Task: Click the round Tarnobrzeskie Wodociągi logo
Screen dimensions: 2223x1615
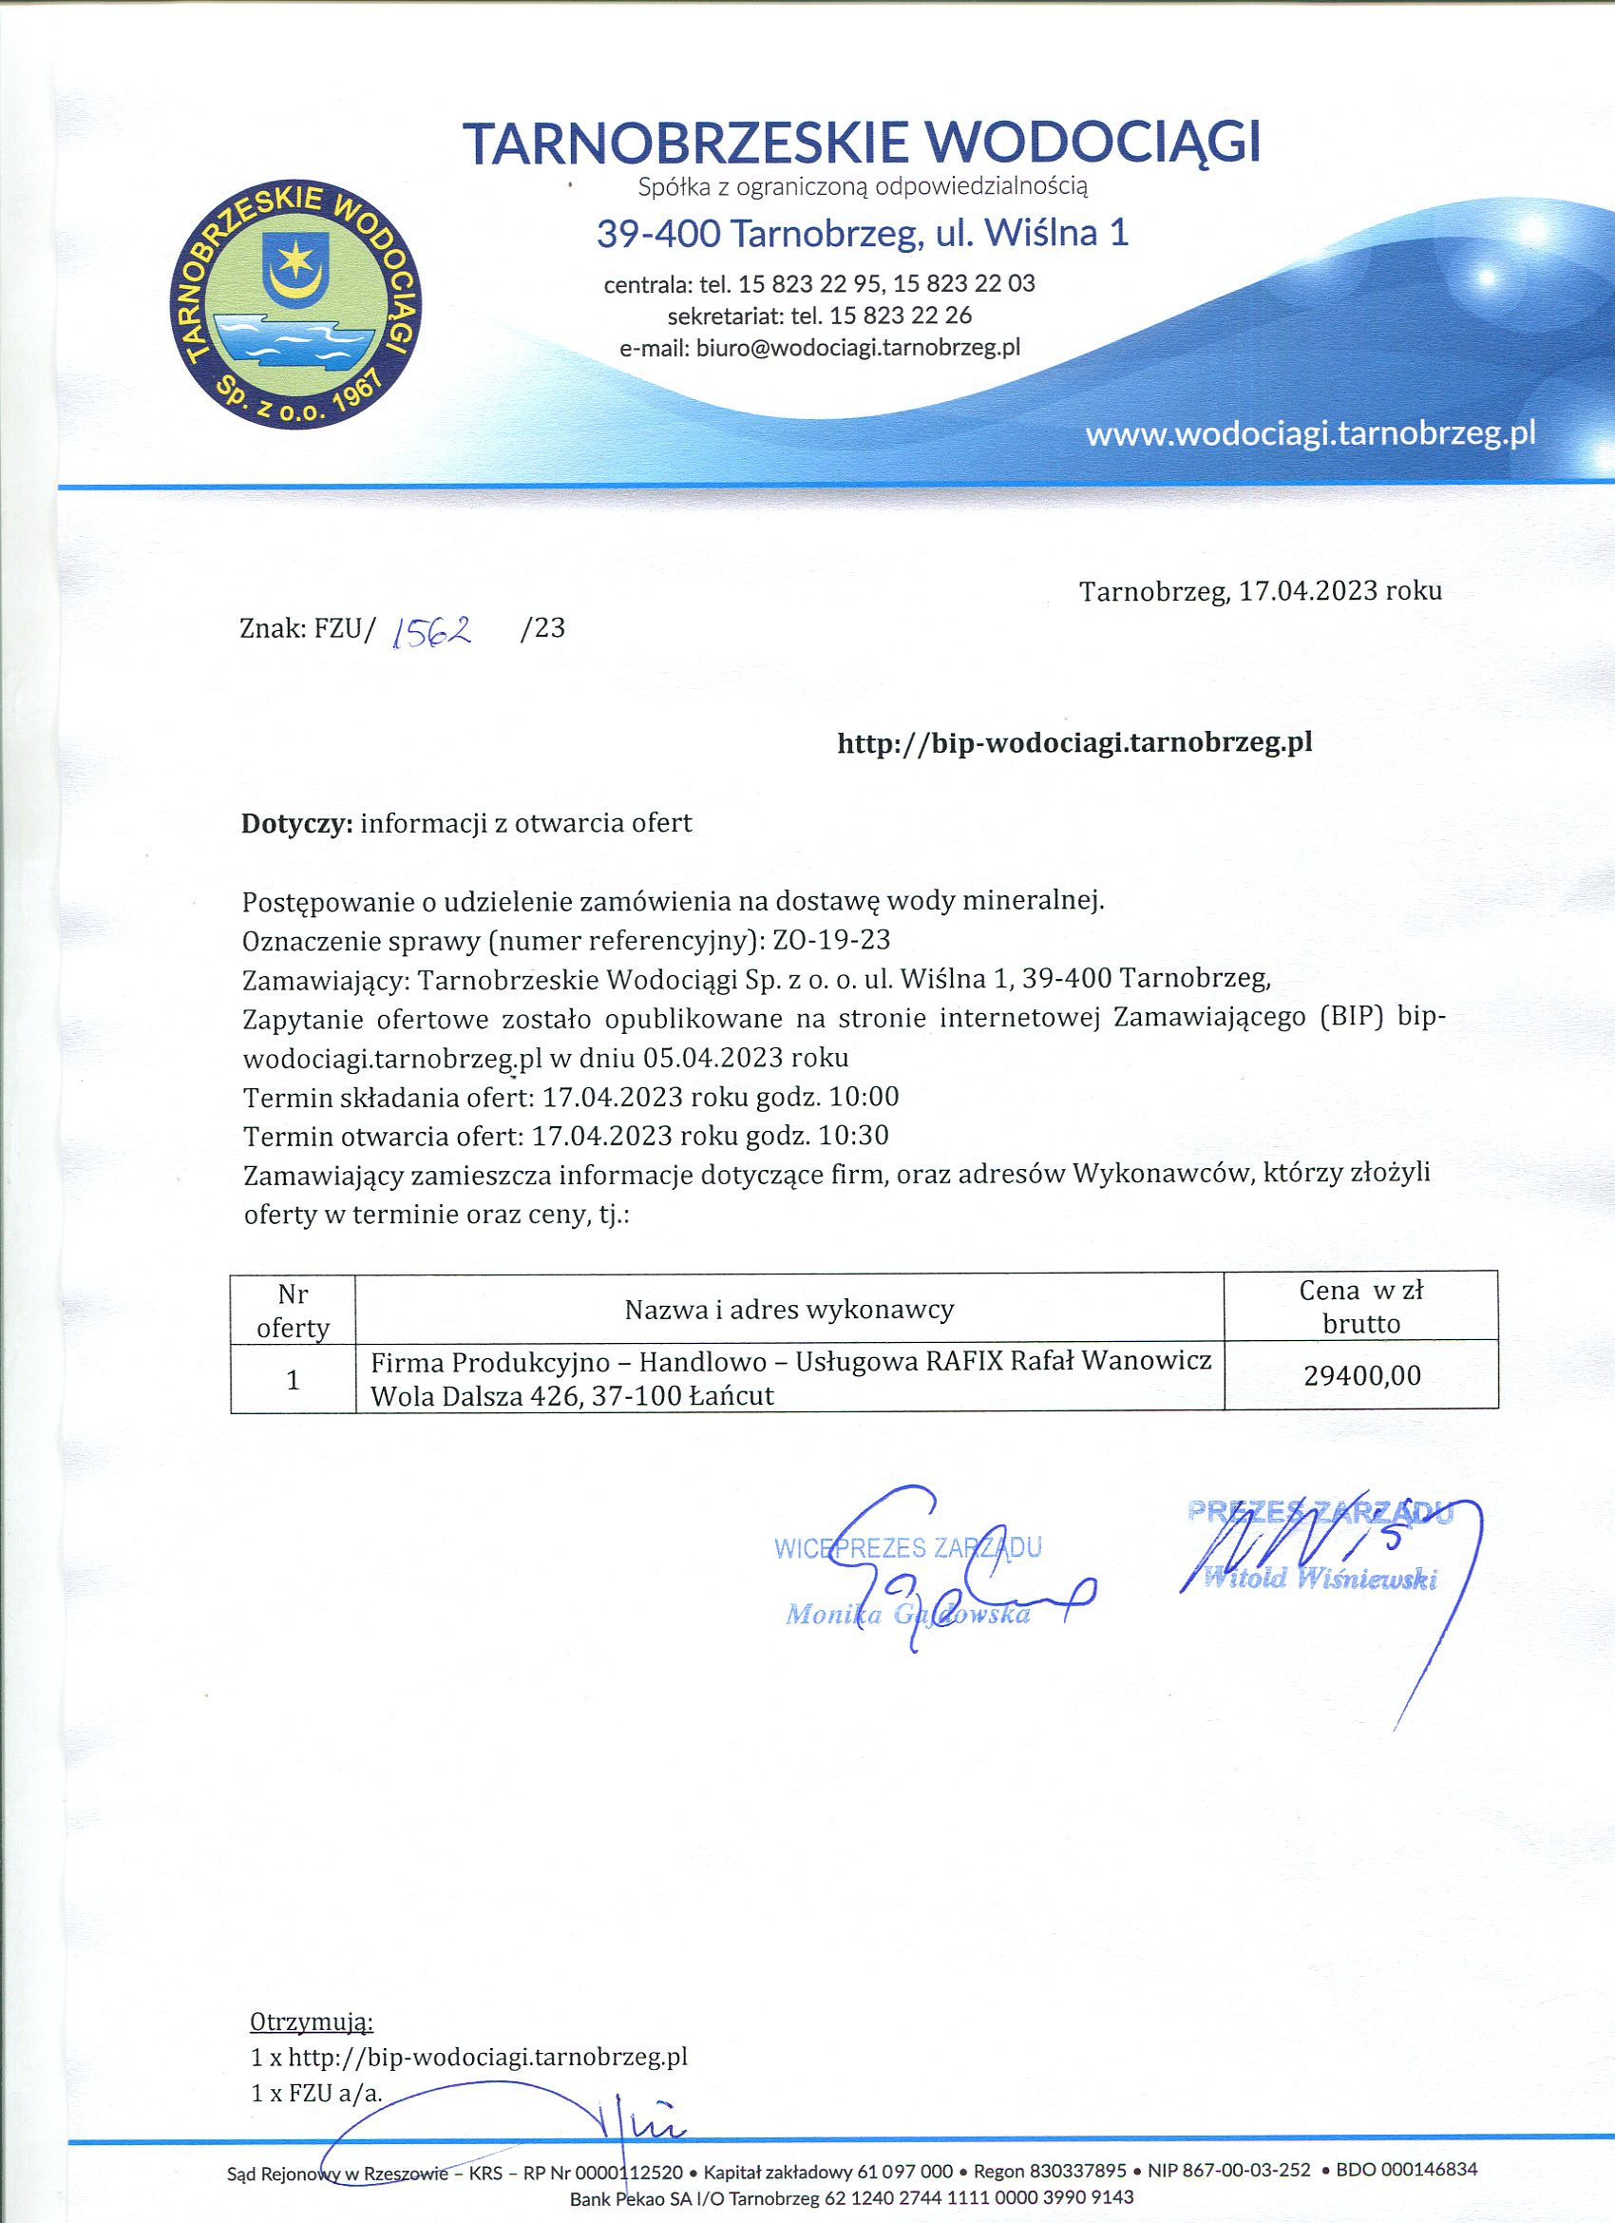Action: coord(294,305)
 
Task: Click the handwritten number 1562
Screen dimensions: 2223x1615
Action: coord(431,632)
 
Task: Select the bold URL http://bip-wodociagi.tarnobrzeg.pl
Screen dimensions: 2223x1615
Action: coord(1074,743)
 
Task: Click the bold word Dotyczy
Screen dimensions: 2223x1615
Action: coord(296,822)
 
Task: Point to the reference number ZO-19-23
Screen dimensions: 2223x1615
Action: coord(831,940)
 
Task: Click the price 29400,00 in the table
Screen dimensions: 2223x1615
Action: coord(1361,1375)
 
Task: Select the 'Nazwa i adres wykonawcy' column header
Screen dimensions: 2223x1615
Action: coord(788,1309)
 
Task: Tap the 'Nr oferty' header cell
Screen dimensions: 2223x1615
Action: coord(293,1311)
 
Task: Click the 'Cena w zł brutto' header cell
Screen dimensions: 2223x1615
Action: coord(1361,1307)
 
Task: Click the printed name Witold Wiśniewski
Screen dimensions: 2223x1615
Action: coord(1319,1578)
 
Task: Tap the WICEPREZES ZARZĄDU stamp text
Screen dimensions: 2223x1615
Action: coord(907,1547)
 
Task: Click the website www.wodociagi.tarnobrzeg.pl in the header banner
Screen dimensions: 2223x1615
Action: coord(1309,433)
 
